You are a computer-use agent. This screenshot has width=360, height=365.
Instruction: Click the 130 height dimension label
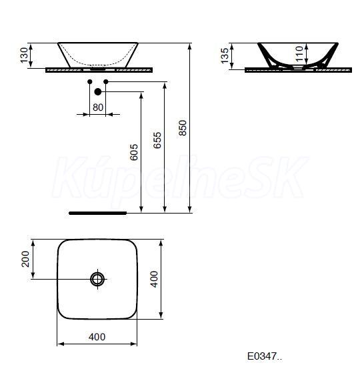tap(24, 55)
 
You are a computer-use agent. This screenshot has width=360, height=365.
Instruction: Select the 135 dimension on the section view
tap(225, 56)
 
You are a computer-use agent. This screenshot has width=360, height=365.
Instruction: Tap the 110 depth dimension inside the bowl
tap(299, 54)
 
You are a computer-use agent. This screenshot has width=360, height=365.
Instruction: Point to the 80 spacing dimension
tap(98, 107)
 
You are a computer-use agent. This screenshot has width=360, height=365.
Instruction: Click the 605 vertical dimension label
tap(134, 152)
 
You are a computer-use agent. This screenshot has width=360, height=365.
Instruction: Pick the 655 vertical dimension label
tap(157, 140)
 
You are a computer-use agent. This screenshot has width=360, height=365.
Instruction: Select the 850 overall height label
tap(183, 128)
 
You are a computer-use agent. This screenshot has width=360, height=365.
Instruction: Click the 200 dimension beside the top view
tap(25, 259)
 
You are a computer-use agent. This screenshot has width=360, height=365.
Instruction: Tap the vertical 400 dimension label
tap(154, 279)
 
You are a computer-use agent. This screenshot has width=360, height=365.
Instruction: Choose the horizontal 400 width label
tap(97, 336)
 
